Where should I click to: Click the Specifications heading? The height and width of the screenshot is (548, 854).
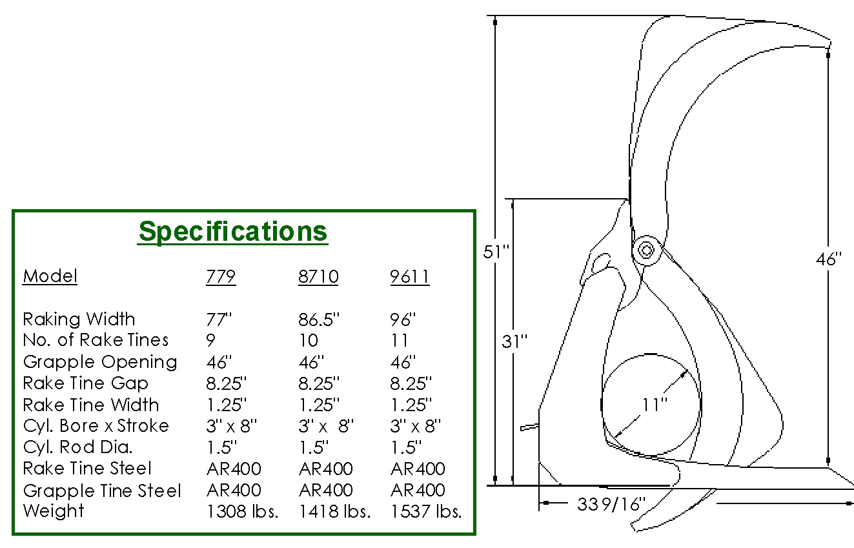coord(233,232)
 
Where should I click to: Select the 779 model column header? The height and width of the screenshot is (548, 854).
coord(221,276)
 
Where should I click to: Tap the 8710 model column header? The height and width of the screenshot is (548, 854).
coord(318,276)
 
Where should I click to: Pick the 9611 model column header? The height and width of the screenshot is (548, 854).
coord(410,276)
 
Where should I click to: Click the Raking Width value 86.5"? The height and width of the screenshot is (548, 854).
coord(319,320)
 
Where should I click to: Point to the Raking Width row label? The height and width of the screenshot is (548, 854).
coord(79,320)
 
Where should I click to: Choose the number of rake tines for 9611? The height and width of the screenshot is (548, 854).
coord(399,340)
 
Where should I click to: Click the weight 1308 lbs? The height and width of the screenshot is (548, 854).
coord(243,511)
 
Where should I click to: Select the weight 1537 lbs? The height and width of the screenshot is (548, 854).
coord(426,511)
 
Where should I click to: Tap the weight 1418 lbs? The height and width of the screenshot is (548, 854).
coord(335,511)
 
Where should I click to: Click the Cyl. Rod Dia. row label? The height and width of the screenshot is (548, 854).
coord(77,447)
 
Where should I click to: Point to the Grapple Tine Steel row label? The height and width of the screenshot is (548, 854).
coord(102,491)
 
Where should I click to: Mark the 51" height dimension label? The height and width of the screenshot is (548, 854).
coord(496,252)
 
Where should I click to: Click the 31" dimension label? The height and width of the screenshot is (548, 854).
coord(514,341)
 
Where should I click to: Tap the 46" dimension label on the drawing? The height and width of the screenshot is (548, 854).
coord(828,259)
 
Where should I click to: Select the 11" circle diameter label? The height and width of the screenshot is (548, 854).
coord(655,405)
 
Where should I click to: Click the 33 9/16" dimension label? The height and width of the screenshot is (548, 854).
coord(611,504)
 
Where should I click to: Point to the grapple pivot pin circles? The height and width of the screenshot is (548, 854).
coord(646,250)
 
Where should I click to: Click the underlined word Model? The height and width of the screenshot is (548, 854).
coord(50,276)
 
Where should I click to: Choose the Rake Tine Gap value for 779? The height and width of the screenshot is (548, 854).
coord(226,383)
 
